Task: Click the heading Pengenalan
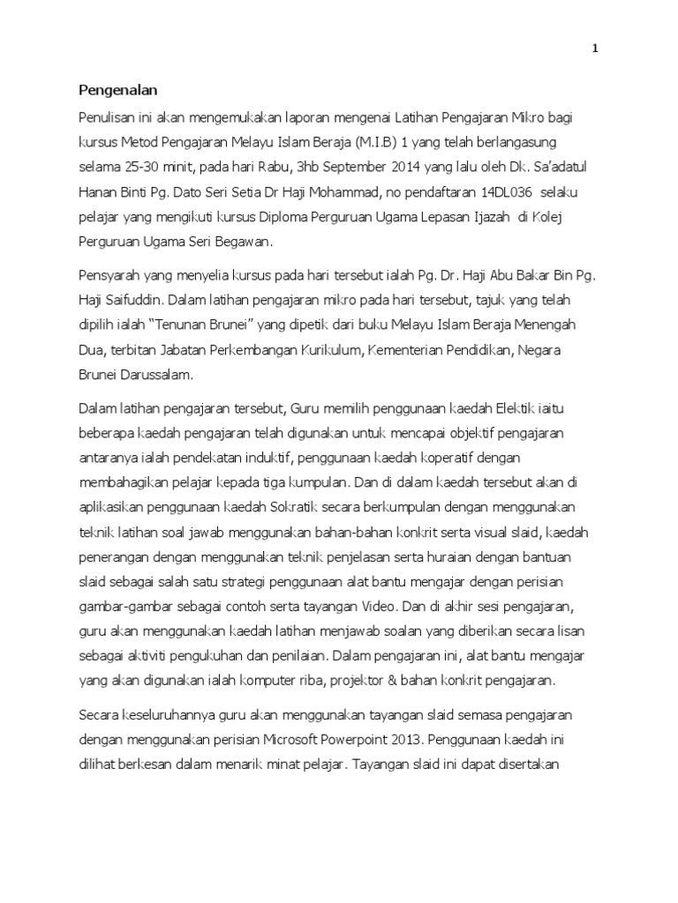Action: click(x=117, y=89)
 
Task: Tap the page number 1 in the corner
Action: click(x=595, y=49)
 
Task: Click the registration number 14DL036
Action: click(x=502, y=191)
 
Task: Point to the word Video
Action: click(x=383, y=608)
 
